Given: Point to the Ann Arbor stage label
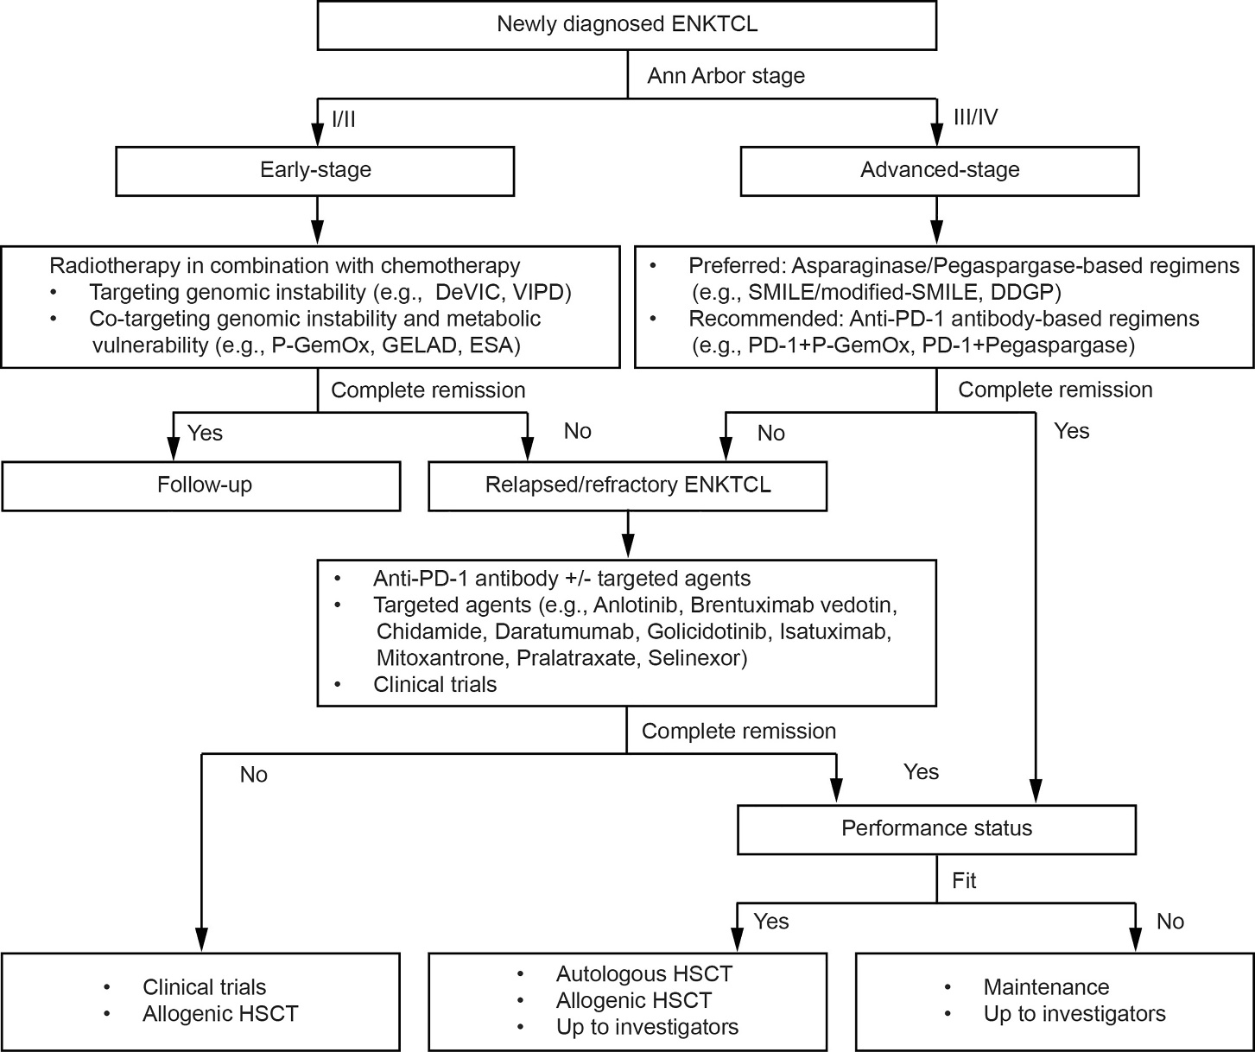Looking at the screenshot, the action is click(x=726, y=76).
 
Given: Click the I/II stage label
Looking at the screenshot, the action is click(x=344, y=118).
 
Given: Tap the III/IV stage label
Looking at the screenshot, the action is click(x=975, y=117).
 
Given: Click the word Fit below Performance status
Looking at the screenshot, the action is click(x=964, y=881).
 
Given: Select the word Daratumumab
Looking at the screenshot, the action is click(x=564, y=631).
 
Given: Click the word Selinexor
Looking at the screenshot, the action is click(x=698, y=658).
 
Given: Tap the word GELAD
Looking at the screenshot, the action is click(x=418, y=345).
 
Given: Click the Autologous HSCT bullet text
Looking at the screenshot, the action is click(x=644, y=974).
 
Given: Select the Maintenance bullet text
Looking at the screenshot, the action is click(x=1047, y=987).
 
